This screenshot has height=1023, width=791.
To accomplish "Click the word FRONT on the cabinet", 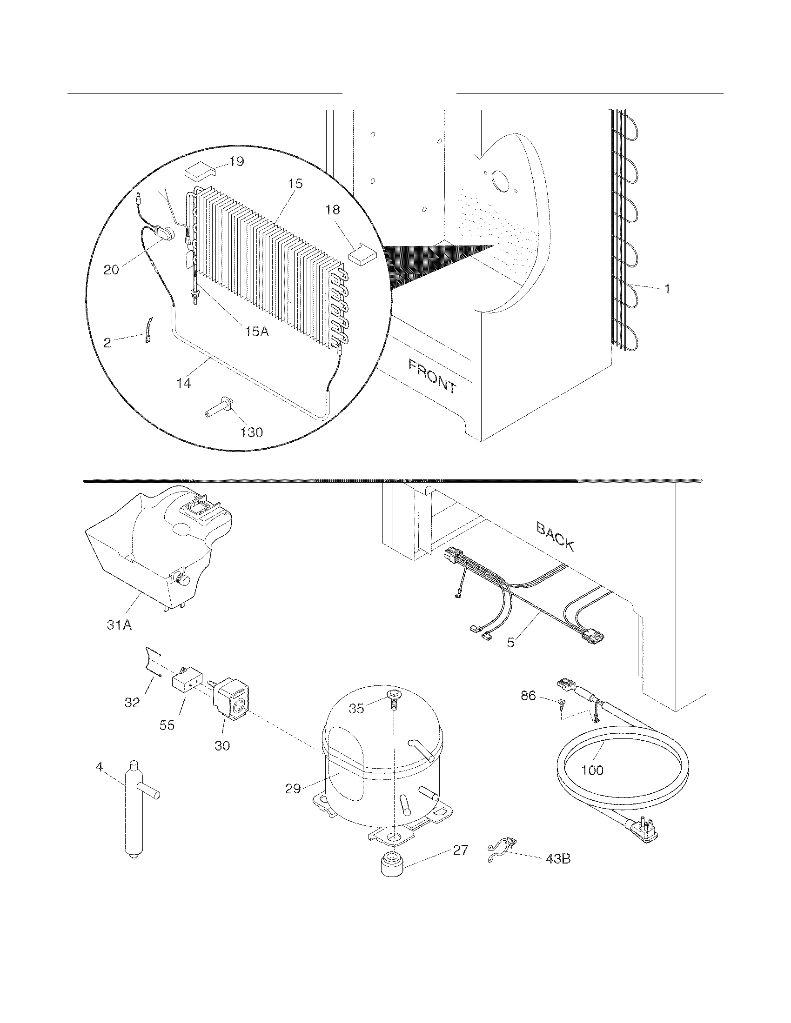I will coord(432,376).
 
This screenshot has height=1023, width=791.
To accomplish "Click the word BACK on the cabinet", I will coord(555,536).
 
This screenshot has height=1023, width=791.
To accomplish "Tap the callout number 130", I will coord(251,432).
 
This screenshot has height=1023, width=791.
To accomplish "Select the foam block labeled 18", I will coord(363,256).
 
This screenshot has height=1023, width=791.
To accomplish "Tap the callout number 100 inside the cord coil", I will coord(592,770).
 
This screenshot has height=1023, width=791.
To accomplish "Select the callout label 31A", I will coord(119,624).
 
